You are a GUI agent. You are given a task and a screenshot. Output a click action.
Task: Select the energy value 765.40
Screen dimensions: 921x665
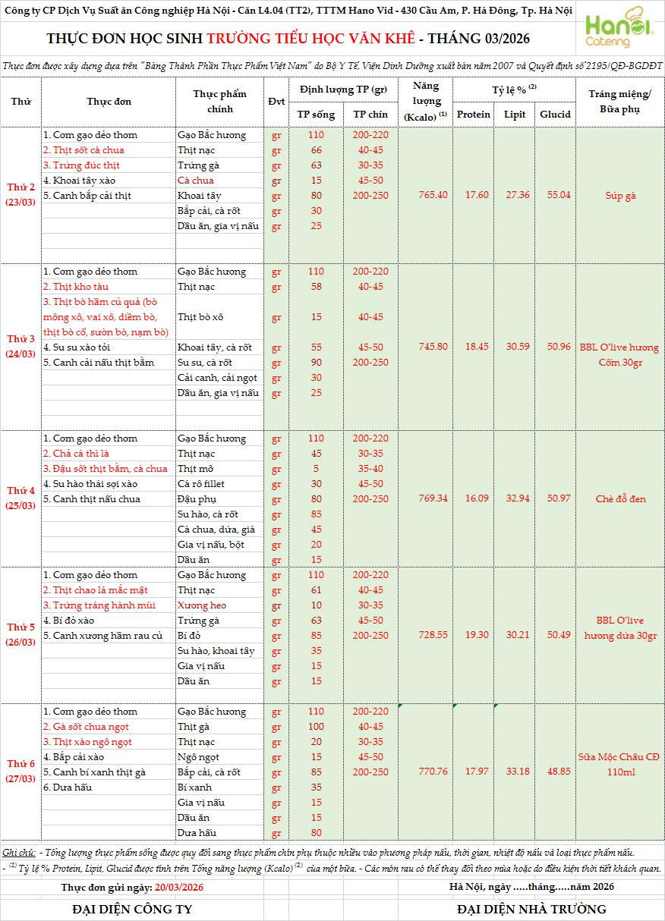coord(433,196)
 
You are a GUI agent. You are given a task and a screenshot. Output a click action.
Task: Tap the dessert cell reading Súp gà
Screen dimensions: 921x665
coord(620,196)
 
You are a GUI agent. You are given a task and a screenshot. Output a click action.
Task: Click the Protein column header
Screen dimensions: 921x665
coord(474,115)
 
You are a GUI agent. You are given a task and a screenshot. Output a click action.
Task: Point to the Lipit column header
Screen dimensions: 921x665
coord(515,115)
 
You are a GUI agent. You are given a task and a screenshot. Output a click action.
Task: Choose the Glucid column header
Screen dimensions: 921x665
coord(555,115)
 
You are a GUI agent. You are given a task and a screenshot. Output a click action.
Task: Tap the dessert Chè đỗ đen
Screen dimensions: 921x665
coord(620,499)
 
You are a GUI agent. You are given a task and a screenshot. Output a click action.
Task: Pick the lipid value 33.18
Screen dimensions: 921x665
coord(515,772)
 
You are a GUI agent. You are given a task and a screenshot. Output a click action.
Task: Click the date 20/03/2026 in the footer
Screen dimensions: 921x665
coord(178,887)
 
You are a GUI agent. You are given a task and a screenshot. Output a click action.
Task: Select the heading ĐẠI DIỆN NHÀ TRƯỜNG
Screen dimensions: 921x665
coord(531,909)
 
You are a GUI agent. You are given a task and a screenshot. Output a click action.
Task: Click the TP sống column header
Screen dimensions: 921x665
coord(316,115)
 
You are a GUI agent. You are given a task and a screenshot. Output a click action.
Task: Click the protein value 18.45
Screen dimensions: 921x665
coord(474,347)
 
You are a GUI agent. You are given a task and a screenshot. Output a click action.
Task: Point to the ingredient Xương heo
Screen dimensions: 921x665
coord(201,605)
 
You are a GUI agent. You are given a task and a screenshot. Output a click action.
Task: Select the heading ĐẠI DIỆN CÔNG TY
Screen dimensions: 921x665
coord(132,909)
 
